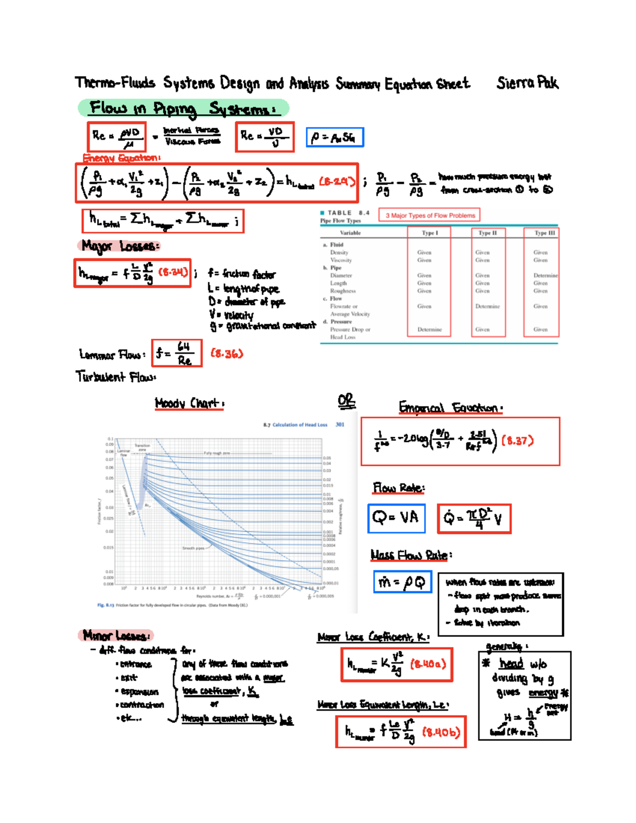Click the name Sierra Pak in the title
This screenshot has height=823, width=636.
527,83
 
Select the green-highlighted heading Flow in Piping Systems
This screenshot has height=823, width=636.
183,108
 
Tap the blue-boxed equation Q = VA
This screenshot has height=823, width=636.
396,518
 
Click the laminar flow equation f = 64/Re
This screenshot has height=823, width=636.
176,353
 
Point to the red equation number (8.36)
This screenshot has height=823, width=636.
227,353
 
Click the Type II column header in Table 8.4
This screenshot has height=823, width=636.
487,233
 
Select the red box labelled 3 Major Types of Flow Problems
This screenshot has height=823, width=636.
430,215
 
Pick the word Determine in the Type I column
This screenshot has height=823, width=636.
429,329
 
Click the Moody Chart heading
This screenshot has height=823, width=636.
189,403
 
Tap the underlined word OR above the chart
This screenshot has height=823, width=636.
346,401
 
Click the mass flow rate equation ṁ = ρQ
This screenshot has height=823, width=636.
402,582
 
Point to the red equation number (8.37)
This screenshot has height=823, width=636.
517,441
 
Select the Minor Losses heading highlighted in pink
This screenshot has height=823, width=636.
117,635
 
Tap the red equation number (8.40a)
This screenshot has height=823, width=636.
428,664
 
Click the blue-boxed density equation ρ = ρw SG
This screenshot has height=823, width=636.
334,137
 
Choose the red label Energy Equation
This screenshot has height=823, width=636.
121,158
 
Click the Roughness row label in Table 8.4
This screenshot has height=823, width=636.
343,291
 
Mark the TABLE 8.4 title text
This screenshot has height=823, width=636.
348,213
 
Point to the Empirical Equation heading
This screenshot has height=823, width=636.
450,408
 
